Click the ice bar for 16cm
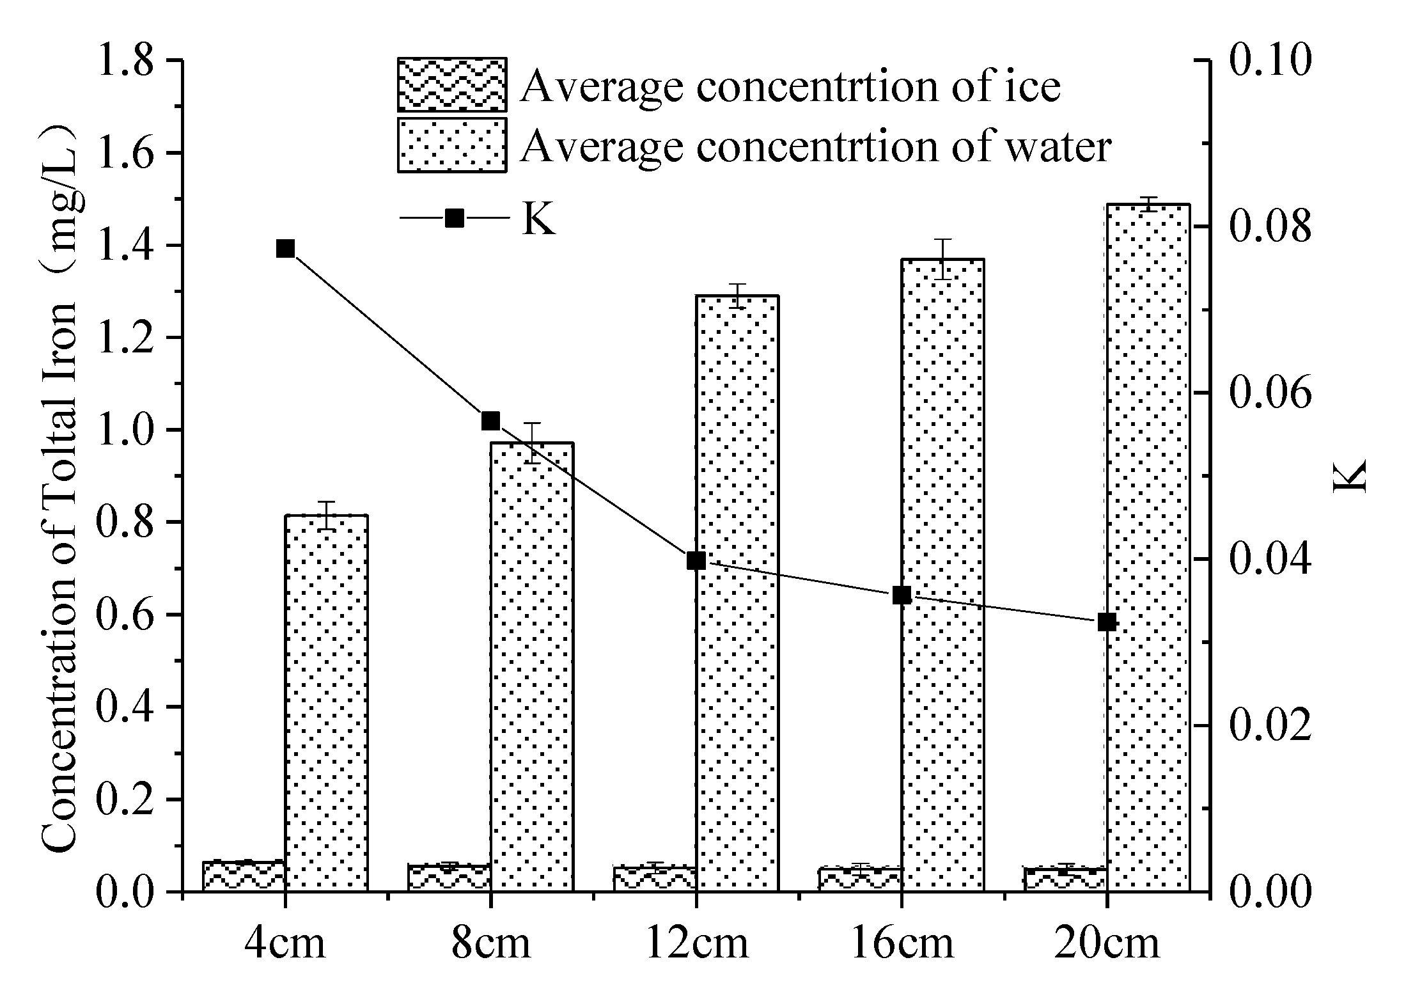coord(860,879)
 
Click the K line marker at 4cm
coord(285,249)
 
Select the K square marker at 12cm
coord(696,561)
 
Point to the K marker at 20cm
coord(1107,622)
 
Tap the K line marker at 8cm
coord(490,421)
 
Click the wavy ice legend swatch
coord(451,84)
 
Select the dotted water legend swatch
coord(451,145)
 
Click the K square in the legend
coord(454,218)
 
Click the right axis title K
coord(1349,475)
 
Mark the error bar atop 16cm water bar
coord(942,259)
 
